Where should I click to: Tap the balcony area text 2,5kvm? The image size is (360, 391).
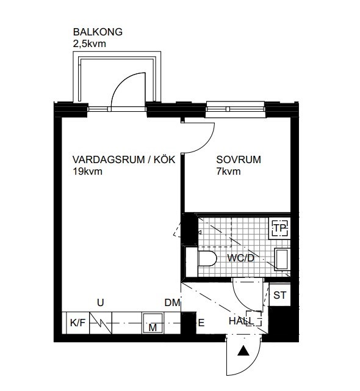click(x=89, y=43)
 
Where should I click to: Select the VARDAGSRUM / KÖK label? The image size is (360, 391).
click(x=124, y=160)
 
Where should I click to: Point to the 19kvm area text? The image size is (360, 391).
click(x=87, y=172)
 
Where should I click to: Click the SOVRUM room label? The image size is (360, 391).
click(x=239, y=160)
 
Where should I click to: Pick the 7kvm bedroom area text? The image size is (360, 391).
click(x=228, y=172)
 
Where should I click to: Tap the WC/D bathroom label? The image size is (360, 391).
click(x=240, y=258)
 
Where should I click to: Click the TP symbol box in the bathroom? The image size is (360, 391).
click(x=279, y=228)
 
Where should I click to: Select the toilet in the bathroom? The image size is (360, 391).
click(x=206, y=258)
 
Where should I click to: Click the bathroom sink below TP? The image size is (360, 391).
click(x=283, y=259)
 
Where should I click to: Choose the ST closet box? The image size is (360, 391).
click(x=279, y=296)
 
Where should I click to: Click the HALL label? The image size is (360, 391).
click(x=241, y=321)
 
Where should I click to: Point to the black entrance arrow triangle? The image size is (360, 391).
click(x=243, y=351)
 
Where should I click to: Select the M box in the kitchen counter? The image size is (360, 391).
click(x=153, y=327)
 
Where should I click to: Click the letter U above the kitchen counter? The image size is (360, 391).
click(x=101, y=301)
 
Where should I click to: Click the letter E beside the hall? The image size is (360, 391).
click(x=200, y=323)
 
